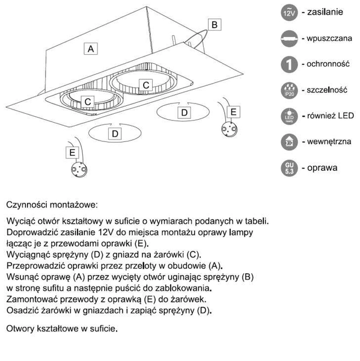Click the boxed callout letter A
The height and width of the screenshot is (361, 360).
click(90, 49)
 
